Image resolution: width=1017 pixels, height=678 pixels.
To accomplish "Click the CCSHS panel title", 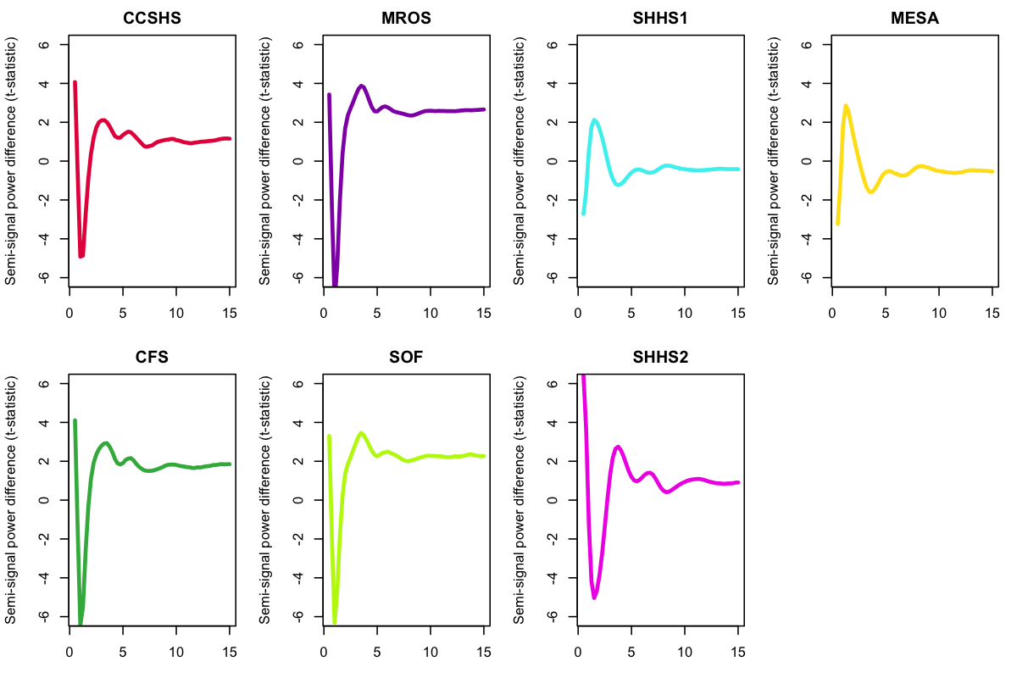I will (151, 19).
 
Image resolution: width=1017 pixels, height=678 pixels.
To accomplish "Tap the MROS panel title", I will (404, 19).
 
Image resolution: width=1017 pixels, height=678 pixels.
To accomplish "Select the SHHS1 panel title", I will (659, 19).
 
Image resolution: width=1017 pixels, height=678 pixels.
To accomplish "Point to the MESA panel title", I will (913, 19).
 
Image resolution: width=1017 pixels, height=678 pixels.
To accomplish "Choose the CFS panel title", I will (151, 358).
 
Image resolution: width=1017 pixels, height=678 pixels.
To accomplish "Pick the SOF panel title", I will (404, 358).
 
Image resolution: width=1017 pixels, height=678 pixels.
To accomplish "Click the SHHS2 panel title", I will (659, 358).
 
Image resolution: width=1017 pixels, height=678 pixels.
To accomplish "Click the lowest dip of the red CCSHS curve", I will (81, 256).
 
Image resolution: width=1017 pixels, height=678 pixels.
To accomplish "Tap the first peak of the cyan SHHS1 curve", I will (594, 120).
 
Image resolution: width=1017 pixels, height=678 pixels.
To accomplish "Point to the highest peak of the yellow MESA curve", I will (846, 106).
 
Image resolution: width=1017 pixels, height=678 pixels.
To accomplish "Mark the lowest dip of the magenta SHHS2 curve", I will (594, 597).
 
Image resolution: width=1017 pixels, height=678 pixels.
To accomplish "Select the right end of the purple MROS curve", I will (483, 109).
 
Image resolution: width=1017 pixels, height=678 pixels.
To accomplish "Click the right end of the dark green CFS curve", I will (230, 464).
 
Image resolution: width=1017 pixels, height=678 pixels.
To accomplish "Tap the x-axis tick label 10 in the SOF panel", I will (431, 653).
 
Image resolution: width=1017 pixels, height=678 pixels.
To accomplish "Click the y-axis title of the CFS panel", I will (12, 500).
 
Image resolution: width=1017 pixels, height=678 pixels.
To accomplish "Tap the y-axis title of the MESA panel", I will (775, 161).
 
